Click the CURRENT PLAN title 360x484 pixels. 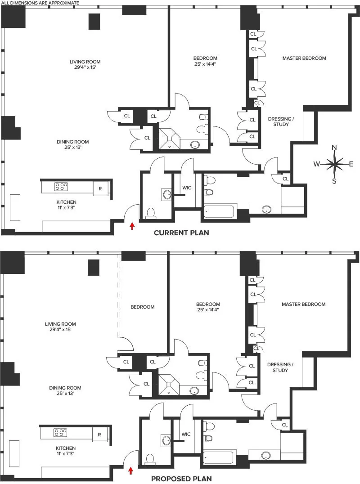(181, 233)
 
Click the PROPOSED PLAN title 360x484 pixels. (181, 479)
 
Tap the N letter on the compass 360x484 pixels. (334, 148)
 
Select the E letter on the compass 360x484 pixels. (351, 164)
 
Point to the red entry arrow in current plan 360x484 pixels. (132, 226)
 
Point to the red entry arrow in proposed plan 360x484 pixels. (131, 471)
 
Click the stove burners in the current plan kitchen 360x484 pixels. (61, 186)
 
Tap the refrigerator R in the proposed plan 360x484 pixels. (99, 435)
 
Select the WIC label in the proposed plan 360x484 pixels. (186, 435)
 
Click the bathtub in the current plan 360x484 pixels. (220, 211)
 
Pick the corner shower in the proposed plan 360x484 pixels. (169, 383)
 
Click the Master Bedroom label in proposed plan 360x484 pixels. (303, 305)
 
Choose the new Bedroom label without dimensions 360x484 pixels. (142, 307)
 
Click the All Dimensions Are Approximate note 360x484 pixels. (40, 3)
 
